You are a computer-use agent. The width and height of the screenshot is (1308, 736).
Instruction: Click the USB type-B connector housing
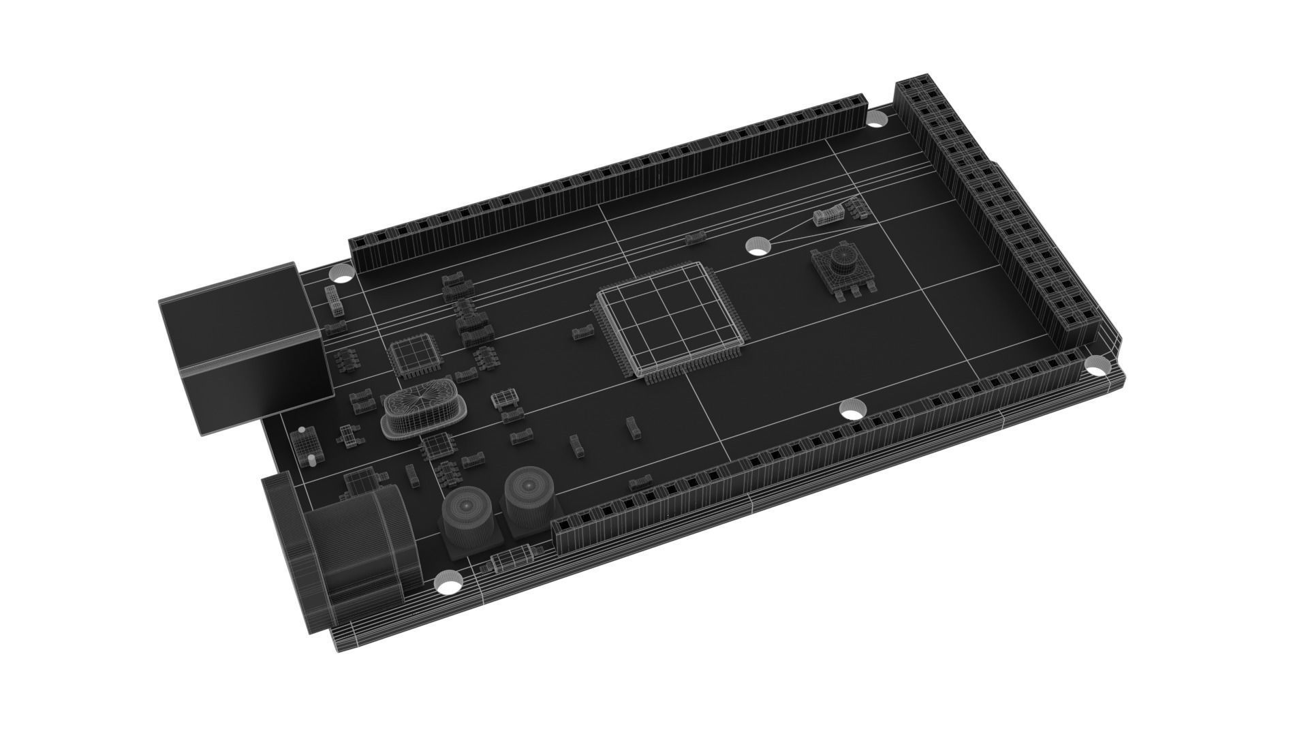pyautogui.click(x=238, y=348)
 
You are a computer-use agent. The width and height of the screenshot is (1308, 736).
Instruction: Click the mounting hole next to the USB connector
pyautogui.click(x=341, y=274)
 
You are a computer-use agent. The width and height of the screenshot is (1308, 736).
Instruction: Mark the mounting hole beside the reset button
pyautogui.click(x=758, y=245)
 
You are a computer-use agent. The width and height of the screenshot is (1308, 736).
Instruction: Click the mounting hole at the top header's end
pyautogui.click(x=877, y=121)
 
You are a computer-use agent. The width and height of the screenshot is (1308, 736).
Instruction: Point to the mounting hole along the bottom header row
pyautogui.click(x=852, y=410)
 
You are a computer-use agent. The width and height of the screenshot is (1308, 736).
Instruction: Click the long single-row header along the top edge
pyautogui.click(x=613, y=184)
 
